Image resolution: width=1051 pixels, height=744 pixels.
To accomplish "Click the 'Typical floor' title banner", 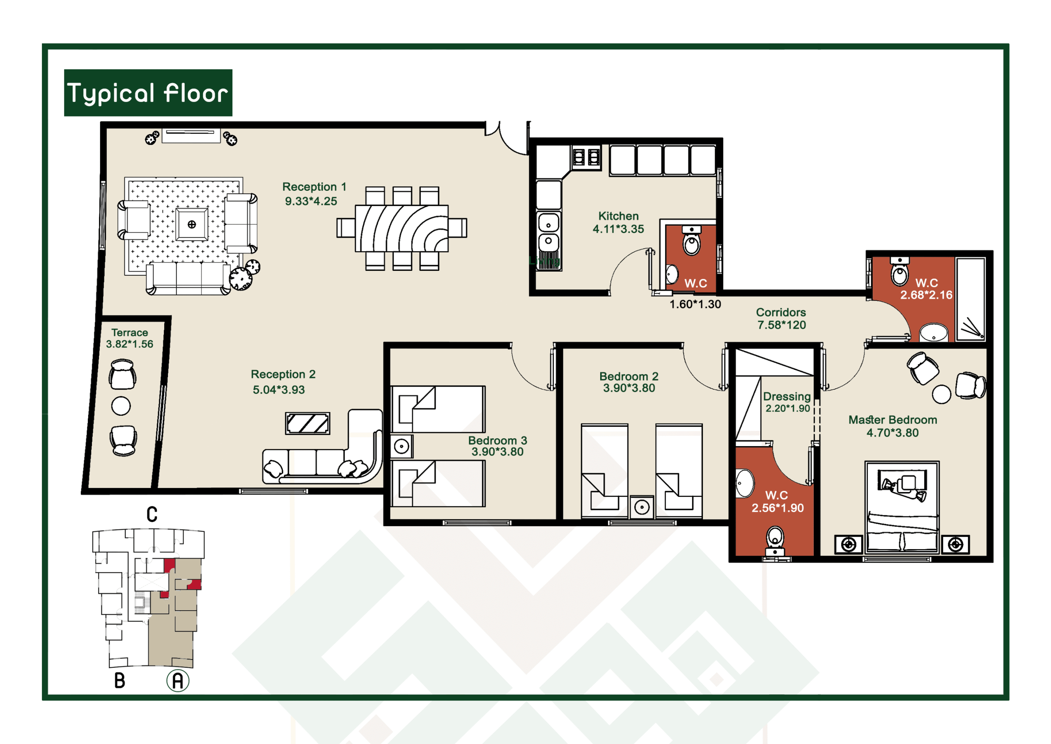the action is [148, 93].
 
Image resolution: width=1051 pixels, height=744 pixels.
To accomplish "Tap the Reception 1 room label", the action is [314, 187].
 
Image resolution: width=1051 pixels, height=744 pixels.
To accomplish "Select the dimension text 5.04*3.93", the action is [279, 390].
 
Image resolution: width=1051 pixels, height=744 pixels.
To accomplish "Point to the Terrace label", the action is [130, 332].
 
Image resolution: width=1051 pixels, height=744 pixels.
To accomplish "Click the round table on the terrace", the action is [121, 406].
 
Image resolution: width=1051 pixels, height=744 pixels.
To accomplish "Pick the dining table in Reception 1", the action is [402, 229].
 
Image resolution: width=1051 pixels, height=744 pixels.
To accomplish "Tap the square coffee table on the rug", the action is [192, 224].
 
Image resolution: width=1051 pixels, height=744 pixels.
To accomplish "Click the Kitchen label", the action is [618, 216].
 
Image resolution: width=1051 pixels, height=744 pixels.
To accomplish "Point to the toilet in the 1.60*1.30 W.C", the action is [691, 240].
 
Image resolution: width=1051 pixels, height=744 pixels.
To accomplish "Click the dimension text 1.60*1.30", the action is [695, 304].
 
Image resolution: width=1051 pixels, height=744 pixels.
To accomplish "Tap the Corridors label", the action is [780, 312].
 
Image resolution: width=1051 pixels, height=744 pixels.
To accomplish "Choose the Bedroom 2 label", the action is [629, 377].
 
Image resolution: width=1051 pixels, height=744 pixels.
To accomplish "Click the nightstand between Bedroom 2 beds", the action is [642, 507].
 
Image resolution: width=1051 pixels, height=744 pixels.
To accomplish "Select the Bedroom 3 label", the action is [497, 441].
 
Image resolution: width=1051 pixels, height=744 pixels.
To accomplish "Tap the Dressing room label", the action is [787, 397].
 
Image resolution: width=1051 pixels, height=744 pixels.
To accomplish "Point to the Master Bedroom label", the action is [893, 420].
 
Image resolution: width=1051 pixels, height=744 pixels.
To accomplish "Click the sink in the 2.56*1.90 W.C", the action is [744, 483].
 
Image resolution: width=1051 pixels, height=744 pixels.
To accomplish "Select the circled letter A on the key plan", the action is [178, 681].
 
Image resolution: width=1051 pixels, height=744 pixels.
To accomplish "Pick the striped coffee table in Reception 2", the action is [307, 424].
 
